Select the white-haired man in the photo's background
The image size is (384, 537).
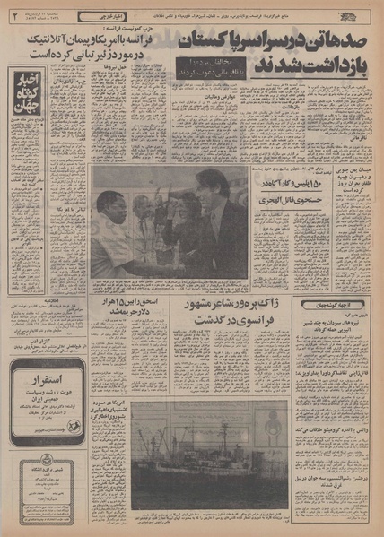144,208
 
